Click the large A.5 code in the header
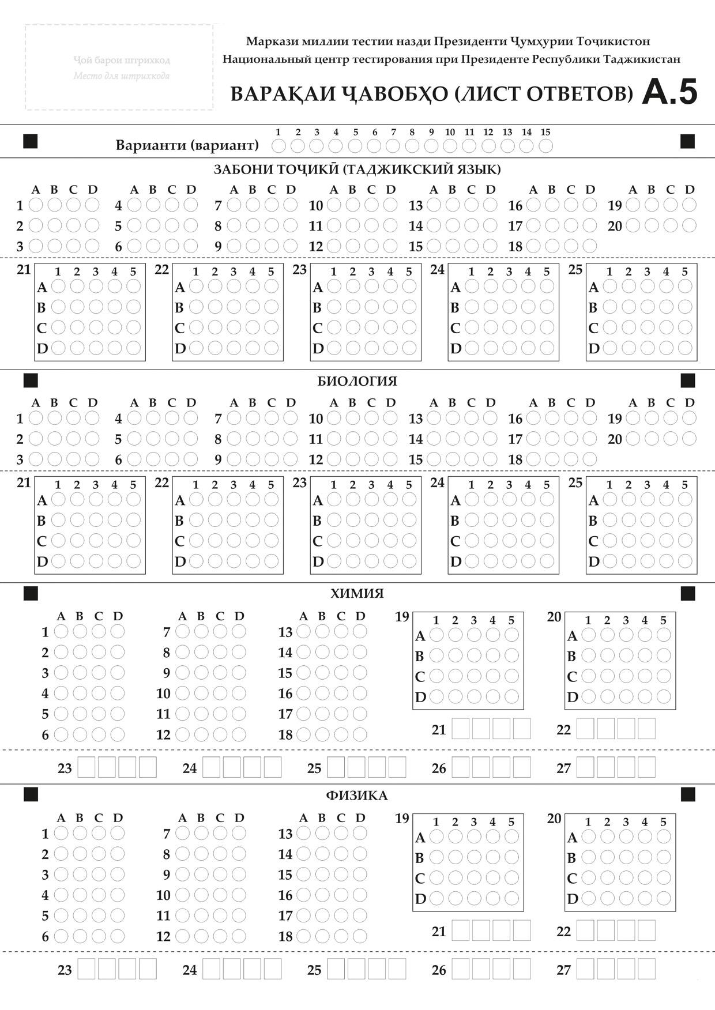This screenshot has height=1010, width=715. coord(669,92)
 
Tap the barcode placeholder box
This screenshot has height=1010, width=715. coord(119,67)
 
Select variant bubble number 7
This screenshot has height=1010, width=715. coord(393,146)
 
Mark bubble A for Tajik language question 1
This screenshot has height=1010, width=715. coord(36,205)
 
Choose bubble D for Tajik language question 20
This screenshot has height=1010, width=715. coord(689,225)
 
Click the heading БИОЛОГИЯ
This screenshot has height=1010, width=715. coord(357,381)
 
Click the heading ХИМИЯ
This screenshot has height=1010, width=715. coord(357,593)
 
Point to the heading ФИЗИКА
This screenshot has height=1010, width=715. coord(357,796)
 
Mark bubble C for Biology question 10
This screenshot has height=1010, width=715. coord(371,418)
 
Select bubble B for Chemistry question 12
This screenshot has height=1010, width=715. coord(201,734)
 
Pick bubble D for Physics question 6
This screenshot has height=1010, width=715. coord(118,936)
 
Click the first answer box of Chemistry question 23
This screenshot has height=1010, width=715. coord(86,767)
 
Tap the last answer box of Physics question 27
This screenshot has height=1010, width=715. coord(646,969)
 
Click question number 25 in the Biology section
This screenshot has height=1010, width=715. coord(575,483)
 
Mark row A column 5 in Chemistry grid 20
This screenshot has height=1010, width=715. coord(664,635)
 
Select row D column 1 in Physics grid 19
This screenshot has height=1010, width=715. coord(436,898)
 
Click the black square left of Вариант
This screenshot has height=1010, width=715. coord(31,141)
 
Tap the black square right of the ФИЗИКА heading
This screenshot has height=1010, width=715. coord(688,795)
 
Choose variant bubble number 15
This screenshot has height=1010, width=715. coord(545,146)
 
